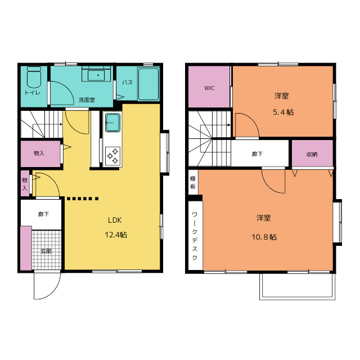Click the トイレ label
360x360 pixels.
33,93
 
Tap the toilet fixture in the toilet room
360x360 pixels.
34,77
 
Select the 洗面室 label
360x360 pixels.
87,100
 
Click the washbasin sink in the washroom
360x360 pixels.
96,74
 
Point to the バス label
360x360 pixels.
127,83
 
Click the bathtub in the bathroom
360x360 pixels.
148,84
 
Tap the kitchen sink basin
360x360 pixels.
112,123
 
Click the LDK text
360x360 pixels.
115,220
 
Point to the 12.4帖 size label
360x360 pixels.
116,235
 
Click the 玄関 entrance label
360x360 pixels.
46,251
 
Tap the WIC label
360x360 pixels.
209,88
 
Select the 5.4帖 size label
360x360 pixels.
283,112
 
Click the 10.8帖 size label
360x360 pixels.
264,237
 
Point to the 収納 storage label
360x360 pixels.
312,155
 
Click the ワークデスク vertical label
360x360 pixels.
195,236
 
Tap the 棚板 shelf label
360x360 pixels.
193,182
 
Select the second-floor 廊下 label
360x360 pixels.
257,154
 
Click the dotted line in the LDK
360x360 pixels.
83,199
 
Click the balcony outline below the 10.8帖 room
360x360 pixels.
298,299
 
